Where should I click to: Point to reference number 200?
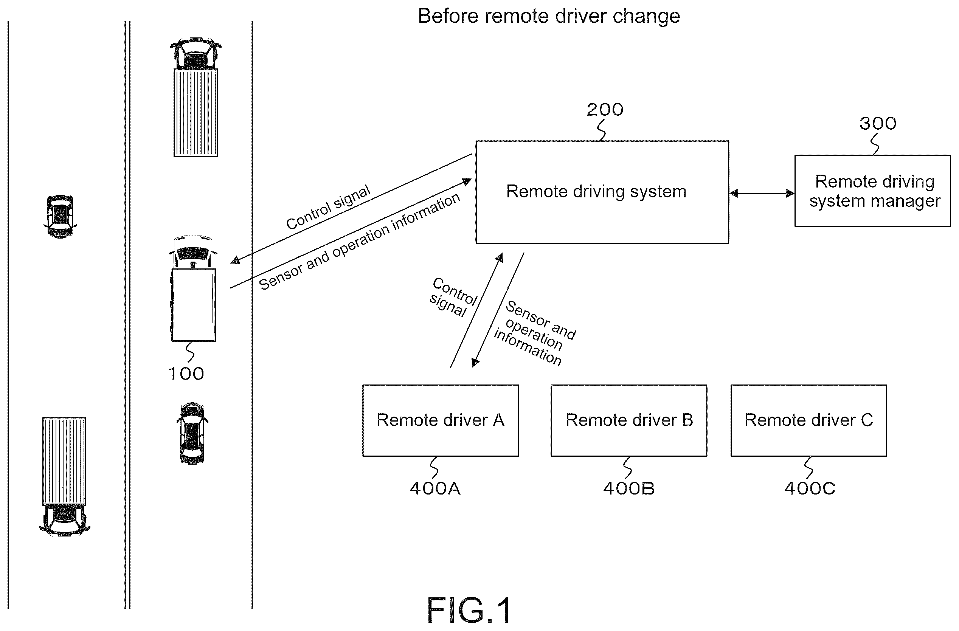click(605, 110)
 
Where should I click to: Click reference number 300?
click(878, 123)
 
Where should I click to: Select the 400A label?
click(435, 488)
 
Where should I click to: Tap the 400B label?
click(628, 488)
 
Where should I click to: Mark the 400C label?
click(810, 488)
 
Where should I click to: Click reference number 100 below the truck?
click(186, 374)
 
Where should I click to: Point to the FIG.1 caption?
click(469, 610)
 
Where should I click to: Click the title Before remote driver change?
click(549, 16)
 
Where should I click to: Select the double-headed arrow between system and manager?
click(762, 194)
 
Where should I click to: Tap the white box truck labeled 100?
click(193, 288)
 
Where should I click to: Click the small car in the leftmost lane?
click(60, 216)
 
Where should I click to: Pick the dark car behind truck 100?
click(192, 433)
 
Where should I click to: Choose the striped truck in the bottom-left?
click(64, 477)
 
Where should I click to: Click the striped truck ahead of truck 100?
click(196, 97)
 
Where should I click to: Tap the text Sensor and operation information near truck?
click(359, 241)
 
